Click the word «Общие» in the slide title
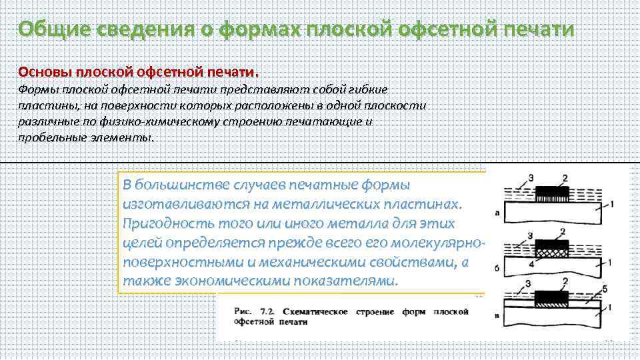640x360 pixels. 53,30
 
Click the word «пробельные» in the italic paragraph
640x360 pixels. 48,138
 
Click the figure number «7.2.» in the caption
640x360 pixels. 268,311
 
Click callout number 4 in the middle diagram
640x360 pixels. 531,265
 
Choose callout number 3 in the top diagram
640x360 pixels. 531,177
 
